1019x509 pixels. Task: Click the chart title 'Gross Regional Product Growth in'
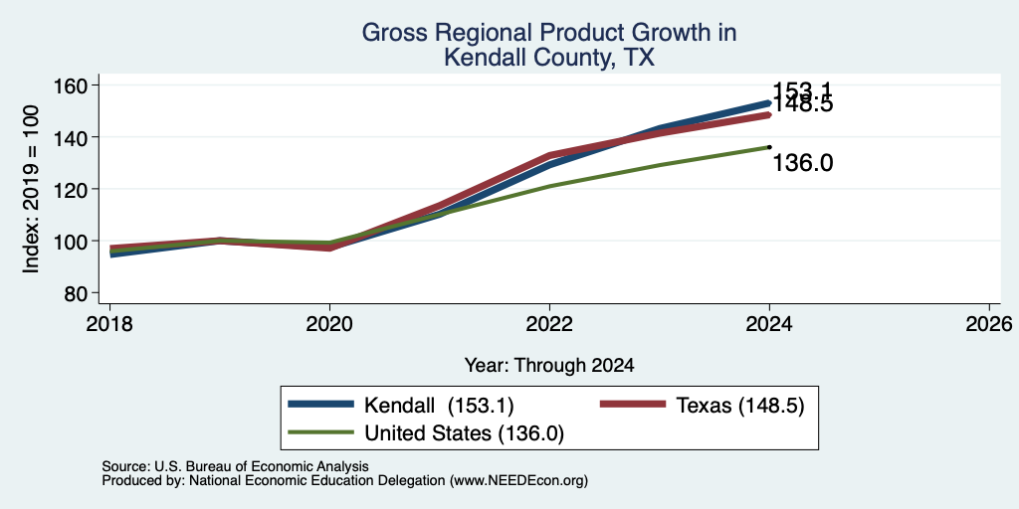(548, 33)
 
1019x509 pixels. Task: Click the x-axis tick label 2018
(109, 323)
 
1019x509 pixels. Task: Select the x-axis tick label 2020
(329, 323)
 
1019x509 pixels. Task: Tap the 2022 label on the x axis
(549, 323)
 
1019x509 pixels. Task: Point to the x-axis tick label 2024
(769, 323)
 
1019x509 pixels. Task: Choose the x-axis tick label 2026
(989, 323)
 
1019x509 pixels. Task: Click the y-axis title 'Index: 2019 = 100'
(31, 189)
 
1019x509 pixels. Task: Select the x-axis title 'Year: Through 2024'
(549, 366)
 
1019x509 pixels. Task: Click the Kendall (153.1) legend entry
(401, 406)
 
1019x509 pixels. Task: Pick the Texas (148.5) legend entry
(702, 406)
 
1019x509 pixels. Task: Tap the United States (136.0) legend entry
(426, 433)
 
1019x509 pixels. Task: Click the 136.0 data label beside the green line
(803, 164)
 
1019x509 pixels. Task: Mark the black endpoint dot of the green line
(769, 147)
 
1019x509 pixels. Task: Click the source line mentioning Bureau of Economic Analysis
(235, 466)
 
